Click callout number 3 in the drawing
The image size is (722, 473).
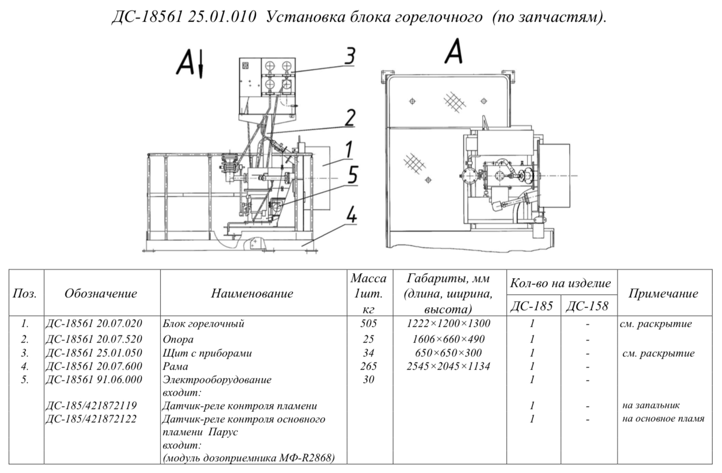tap(350, 56)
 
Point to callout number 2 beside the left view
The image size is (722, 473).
tap(350, 118)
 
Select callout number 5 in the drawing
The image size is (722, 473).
tap(353, 175)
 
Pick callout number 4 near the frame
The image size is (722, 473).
tap(352, 214)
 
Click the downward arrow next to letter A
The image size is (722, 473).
tap(201, 64)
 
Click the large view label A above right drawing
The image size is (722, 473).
tap(453, 51)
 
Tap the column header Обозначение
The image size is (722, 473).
tap(101, 293)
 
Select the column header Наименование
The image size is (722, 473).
tap(252, 293)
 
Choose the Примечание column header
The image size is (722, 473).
tap(663, 293)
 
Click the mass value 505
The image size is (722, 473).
tap(368, 323)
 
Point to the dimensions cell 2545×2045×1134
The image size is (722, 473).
tap(449, 366)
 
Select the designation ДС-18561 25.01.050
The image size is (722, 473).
tap(94, 353)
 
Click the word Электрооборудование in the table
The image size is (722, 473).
tap(217, 380)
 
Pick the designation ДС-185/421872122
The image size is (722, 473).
tap(91, 419)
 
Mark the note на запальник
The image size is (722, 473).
tap(651, 405)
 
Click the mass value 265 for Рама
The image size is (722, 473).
tap(368, 366)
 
